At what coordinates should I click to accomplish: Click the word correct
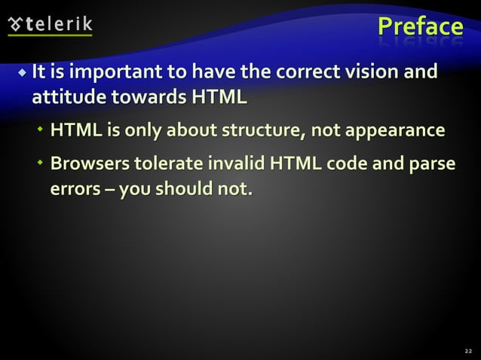pyautogui.click(x=305, y=74)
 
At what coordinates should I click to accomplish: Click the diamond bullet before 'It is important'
pyautogui.click(x=23, y=74)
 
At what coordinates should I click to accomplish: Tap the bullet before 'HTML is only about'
pyautogui.click(x=41, y=132)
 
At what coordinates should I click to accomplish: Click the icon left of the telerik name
pyautogui.click(x=15, y=23)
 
